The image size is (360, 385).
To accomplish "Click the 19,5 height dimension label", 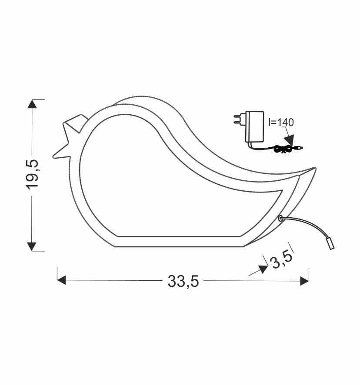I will (x=33, y=174).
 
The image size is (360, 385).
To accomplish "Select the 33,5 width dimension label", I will (x=183, y=282).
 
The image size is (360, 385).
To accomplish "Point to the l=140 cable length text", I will (x=281, y=122).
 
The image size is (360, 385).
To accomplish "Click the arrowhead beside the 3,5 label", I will (x=263, y=269).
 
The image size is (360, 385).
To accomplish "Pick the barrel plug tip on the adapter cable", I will (x=300, y=148).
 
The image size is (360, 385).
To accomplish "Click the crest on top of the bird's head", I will (x=77, y=122).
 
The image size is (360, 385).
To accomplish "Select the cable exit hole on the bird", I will (x=281, y=219).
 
